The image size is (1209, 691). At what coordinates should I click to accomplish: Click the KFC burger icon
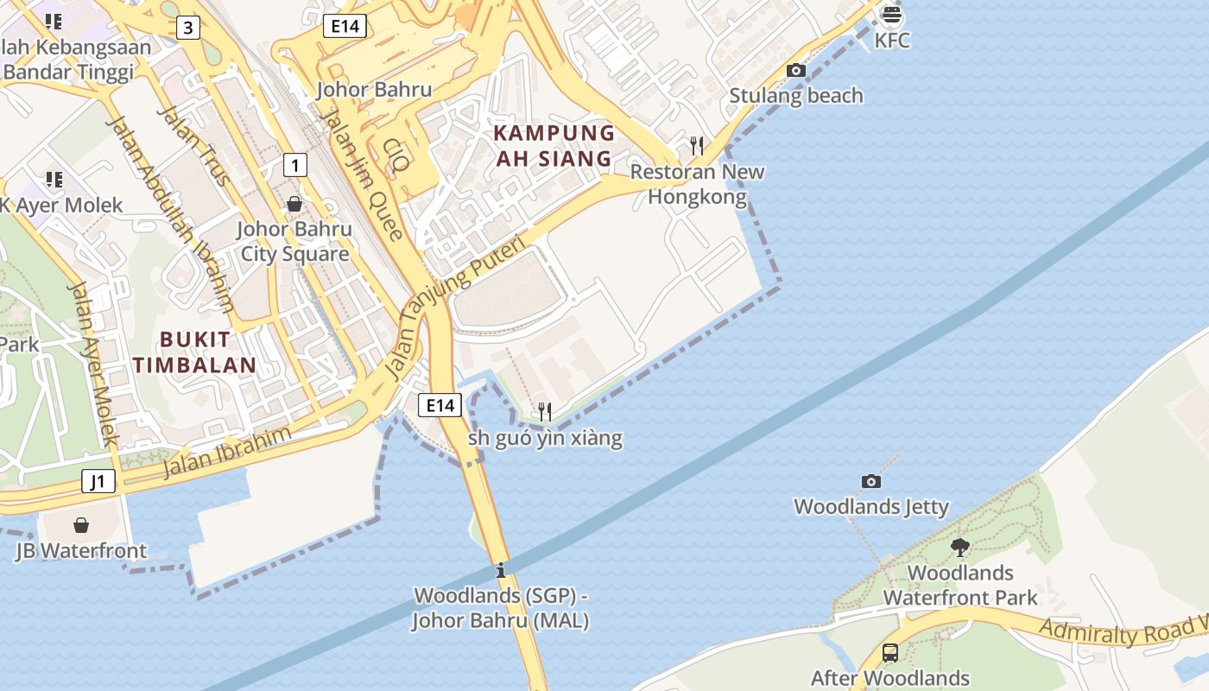(892, 15)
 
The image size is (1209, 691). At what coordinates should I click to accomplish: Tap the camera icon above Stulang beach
(796, 71)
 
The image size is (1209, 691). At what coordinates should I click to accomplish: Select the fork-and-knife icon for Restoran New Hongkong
(697, 145)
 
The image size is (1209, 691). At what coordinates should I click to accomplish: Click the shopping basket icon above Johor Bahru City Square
(294, 204)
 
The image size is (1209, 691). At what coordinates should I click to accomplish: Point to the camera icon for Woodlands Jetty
(871, 481)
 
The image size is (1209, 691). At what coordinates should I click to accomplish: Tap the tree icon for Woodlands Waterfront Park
(959, 547)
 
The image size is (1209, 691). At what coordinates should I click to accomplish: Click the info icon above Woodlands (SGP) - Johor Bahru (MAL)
(501, 570)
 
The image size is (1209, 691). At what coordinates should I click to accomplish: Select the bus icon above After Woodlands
(889, 653)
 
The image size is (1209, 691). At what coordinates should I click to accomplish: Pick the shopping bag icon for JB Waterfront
(81, 525)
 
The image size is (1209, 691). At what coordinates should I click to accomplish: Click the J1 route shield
(98, 481)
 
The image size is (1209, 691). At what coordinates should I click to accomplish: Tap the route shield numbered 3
(188, 29)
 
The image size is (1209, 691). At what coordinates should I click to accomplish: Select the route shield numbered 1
(295, 164)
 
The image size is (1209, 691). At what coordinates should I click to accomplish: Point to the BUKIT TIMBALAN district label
(195, 352)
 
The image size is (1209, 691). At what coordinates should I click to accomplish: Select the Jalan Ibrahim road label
(227, 453)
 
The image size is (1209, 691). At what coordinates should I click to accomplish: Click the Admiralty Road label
(1114, 630)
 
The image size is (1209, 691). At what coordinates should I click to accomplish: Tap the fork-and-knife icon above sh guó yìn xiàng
(544, 411)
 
